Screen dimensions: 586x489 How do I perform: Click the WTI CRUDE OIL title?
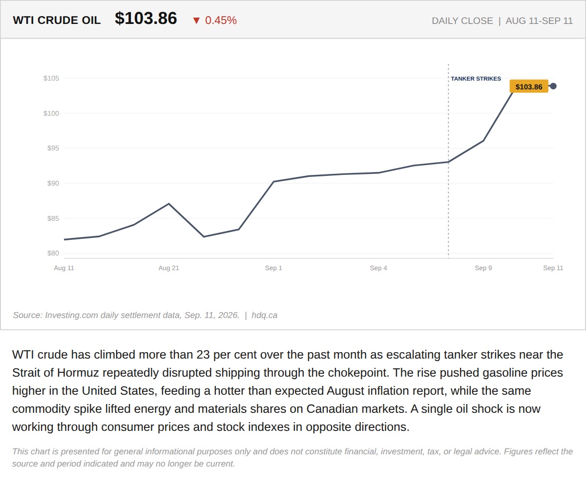[x=57, y=20]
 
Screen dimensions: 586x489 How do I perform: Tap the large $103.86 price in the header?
[x=146, y=18]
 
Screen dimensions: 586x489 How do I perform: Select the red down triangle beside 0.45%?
[x=196, y=21]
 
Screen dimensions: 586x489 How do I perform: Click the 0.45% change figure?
[x=221, y=20]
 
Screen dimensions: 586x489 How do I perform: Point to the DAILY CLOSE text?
[x=462, y=21]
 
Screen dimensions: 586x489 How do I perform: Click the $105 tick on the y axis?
[x=51, y=78]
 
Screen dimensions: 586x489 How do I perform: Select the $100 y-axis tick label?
[x=51, y=113]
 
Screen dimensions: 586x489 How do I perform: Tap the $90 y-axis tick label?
[x=53, y=183]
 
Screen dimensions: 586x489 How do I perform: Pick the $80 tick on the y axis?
[x=53, y=253]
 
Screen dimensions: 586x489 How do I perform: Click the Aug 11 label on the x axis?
[x=64, y=268]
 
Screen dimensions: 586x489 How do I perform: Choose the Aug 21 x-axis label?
[x=168, y=268]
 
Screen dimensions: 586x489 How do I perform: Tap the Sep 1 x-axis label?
[x=273, y=268]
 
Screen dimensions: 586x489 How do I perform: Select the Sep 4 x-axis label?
[x=378, y=268]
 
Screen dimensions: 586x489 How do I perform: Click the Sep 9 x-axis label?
[x=483, y=268]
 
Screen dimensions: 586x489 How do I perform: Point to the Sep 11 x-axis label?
[x=553, y=268]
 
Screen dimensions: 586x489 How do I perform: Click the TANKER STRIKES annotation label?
[x=476, y=79]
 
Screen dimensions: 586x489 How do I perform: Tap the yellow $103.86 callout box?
[x=529, y=86]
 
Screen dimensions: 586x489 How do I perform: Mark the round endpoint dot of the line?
[x=553, y=86]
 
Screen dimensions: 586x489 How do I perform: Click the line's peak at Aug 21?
[x=168, y=204]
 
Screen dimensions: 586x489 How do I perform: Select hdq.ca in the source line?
[x=264, y=315]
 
